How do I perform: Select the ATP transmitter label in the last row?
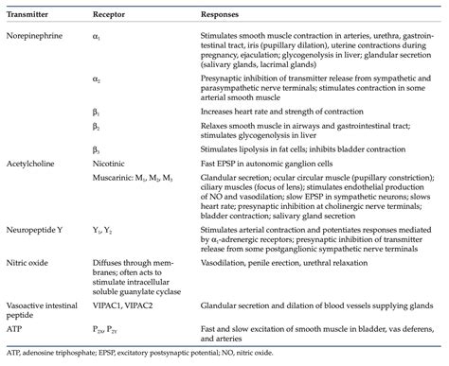[15, 328]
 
